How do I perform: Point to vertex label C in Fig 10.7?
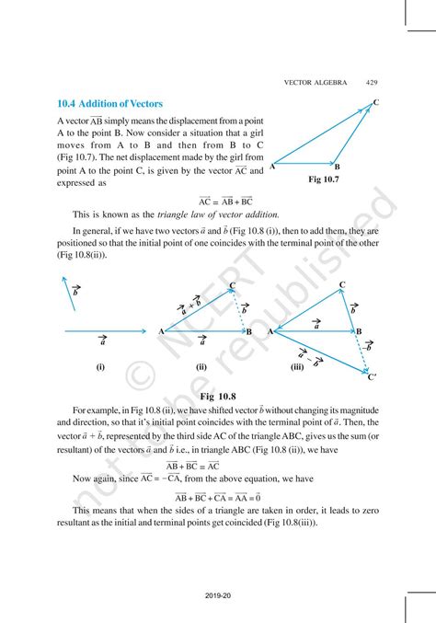(376, 101)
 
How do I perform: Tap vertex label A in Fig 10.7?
(272, 167)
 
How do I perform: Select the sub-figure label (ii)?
(201, 365)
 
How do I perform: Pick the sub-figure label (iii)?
(296, 365)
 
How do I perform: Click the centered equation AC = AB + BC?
(225, 200)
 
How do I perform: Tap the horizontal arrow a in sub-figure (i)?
(103, 330)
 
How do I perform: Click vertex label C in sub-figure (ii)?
(232, 285)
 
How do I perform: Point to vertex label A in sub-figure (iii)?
(270, 331)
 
